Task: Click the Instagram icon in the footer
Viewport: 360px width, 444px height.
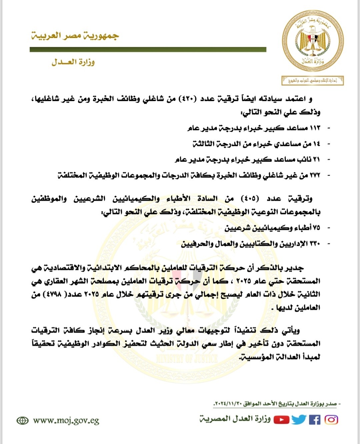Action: point(331,420)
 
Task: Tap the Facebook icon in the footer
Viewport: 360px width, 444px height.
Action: point(314,420)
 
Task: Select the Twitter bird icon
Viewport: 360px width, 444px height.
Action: point(299,420)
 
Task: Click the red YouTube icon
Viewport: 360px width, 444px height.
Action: point(282,420)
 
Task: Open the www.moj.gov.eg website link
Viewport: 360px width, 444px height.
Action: point(66,421)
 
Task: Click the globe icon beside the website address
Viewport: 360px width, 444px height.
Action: point(22,421)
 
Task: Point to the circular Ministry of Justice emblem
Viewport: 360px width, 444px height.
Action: point(312,41)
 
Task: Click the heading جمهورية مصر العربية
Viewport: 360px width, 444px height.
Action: point(75,36)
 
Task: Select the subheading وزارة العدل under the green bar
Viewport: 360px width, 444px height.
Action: point(73,62)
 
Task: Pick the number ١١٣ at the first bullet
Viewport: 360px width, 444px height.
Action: point(315,128)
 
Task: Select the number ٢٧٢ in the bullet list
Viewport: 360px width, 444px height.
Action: point(315,175)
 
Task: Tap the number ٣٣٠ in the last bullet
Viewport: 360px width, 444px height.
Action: point(315,244)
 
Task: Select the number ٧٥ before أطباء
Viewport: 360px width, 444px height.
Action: point(316,228)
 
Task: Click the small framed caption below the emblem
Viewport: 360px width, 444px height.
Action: point(312,81)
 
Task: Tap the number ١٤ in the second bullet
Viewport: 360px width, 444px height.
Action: point(316,144)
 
